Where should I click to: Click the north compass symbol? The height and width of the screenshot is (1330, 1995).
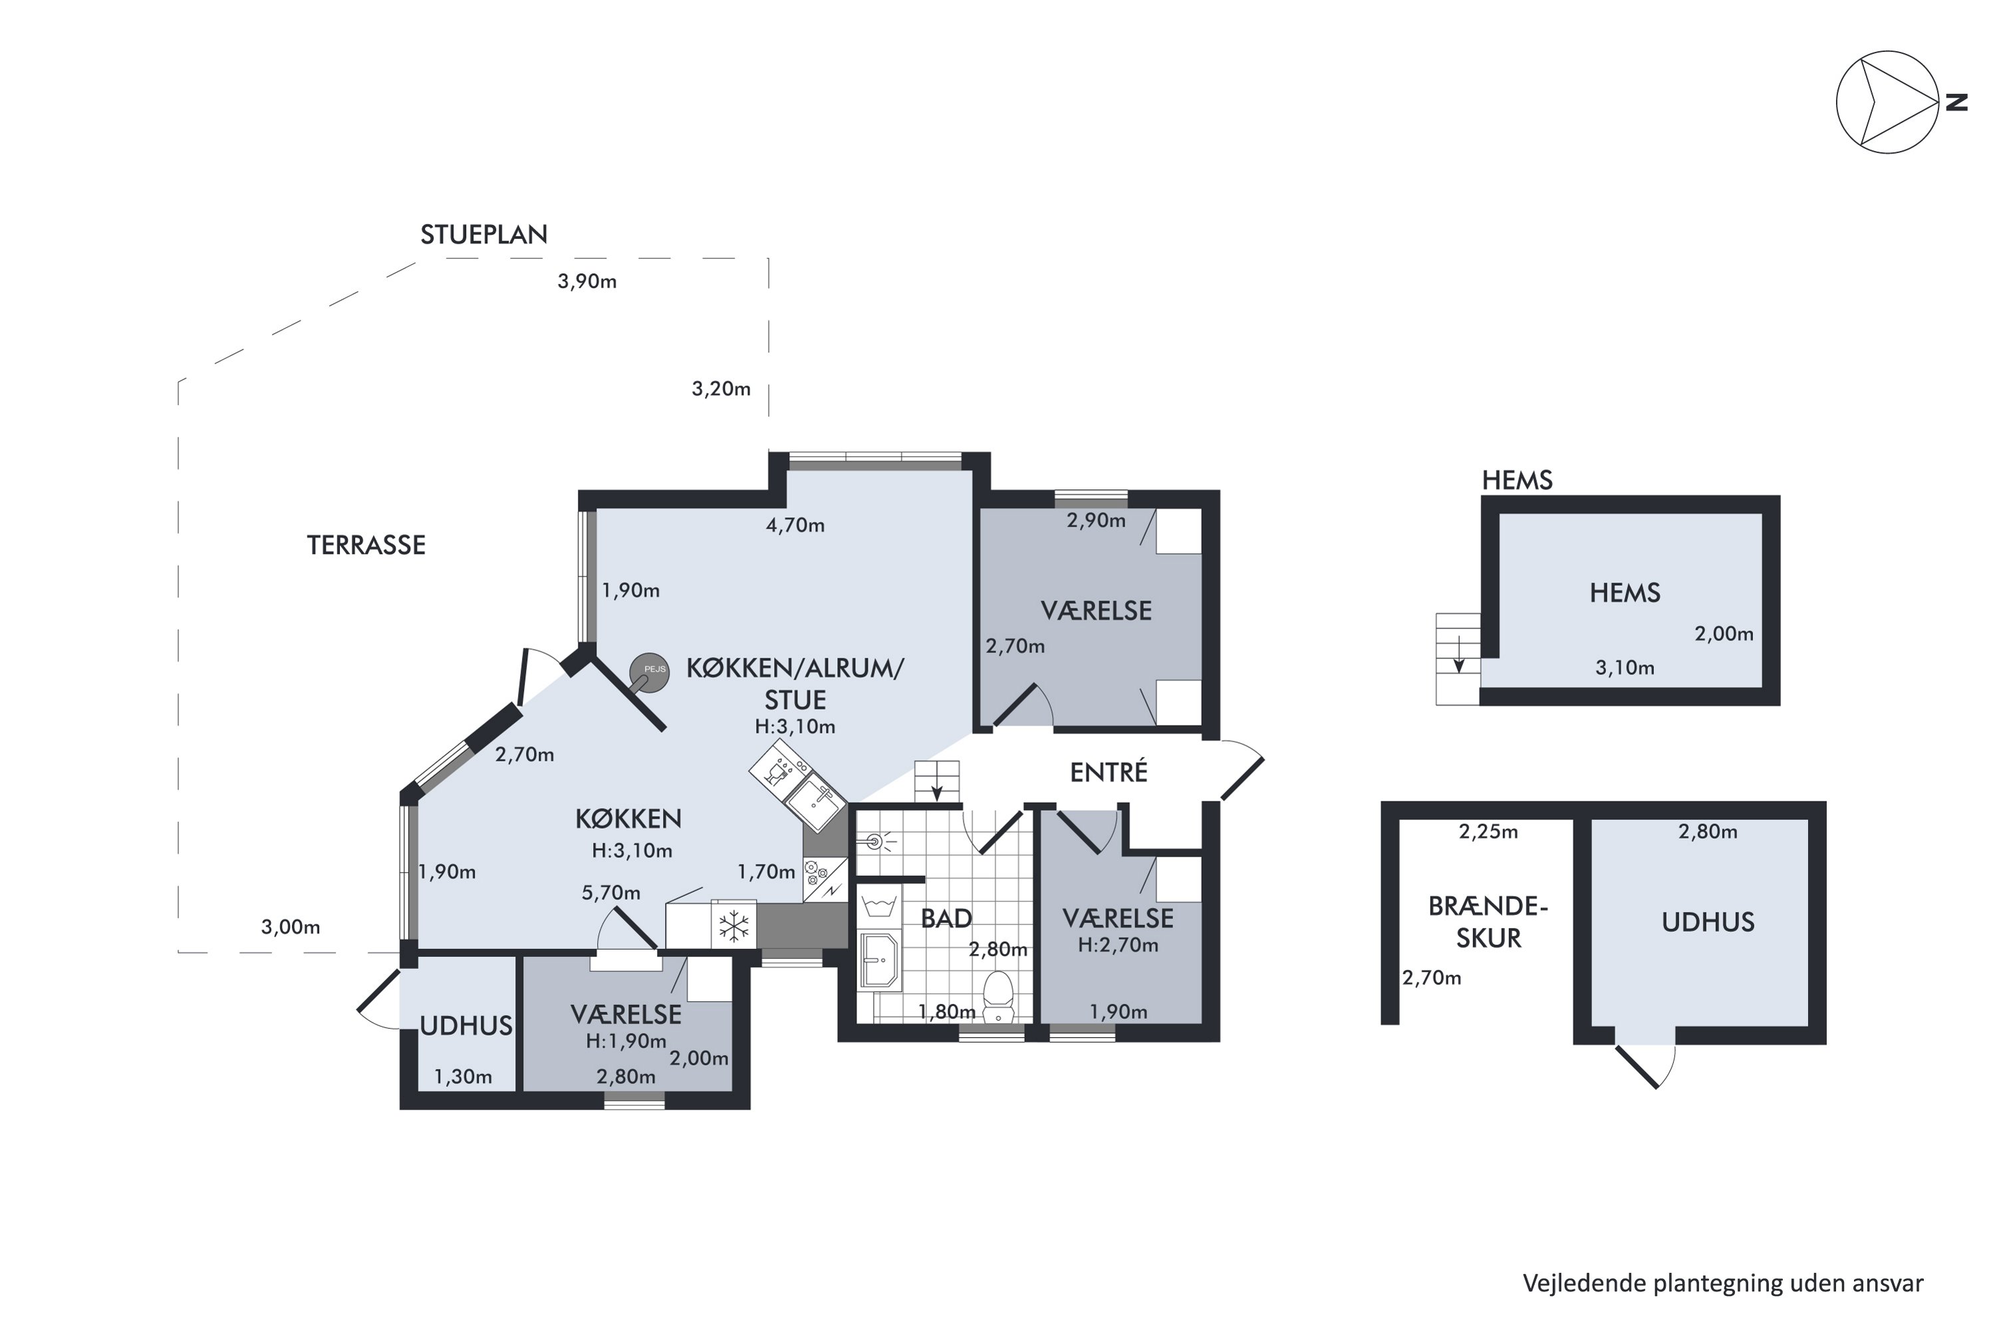click(1887, 102)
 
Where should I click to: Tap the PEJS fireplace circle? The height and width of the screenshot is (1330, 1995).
click(649, 672)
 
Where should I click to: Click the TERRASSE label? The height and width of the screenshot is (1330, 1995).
click(366, 545)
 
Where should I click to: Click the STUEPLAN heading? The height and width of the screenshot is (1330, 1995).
click(483, 234)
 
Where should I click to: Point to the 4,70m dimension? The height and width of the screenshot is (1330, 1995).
click(795, 525)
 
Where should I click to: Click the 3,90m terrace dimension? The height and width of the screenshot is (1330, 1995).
click(587, 281)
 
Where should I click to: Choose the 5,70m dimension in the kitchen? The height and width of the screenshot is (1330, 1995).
click(610, 892)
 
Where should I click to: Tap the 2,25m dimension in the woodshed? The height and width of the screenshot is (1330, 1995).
click(1489, 832)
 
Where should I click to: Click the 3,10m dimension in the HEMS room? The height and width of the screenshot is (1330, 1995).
click(1625, 668)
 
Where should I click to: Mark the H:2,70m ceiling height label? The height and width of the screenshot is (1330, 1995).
click(1118, 945)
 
